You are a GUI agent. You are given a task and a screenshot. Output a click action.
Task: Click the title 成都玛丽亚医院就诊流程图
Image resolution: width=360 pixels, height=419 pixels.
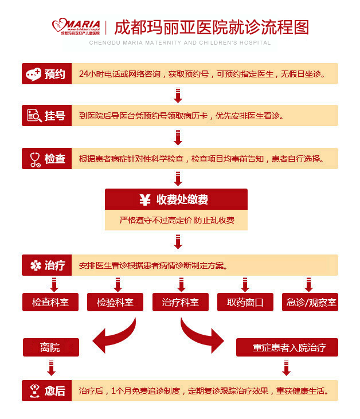click(x=212, y=27)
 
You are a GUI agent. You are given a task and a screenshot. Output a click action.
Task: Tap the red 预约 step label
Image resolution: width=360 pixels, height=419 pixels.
click(x=47, y=74)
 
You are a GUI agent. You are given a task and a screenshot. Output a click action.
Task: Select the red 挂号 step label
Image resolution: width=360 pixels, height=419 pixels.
click(x=47, y=116)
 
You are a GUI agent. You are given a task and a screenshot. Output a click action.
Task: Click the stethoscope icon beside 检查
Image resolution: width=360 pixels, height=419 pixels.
click(x=34, y=158)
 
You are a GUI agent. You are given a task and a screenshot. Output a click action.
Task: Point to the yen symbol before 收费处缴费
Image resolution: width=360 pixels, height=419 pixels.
click(x=145, y=199)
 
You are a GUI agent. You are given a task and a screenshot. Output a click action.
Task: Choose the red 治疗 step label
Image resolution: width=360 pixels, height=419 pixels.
click(x=47, y=265)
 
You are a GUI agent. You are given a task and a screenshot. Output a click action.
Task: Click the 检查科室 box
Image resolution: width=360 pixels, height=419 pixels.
click(x=50, y=302)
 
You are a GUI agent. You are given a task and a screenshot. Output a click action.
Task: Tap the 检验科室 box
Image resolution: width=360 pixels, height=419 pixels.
click(x=115, y=302)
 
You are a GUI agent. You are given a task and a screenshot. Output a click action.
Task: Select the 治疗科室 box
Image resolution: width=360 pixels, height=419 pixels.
click(x=180, y=302)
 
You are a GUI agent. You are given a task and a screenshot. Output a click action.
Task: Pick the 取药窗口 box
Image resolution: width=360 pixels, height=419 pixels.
click(x=245, y=302)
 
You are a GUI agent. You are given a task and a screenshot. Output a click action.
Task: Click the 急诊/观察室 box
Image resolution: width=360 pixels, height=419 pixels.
click(x=310, y=302)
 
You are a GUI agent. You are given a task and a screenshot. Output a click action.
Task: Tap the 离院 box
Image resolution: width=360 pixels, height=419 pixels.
click(x=50, y=347)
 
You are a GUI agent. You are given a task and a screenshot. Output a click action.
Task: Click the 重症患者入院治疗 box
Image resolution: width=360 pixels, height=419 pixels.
click(x=287, y=347)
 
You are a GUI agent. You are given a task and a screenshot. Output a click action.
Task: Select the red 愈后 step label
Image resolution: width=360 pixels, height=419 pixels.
click(x=47, y=391)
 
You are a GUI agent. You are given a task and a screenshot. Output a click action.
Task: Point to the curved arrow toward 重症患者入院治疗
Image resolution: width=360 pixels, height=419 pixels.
click(x=201, y=336)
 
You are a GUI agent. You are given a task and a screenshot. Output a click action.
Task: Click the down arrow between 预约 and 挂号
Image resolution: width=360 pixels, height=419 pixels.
click(x=178, y=95)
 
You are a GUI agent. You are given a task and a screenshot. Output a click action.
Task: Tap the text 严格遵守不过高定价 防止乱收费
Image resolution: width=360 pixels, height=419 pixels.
click(x=177, y=220)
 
